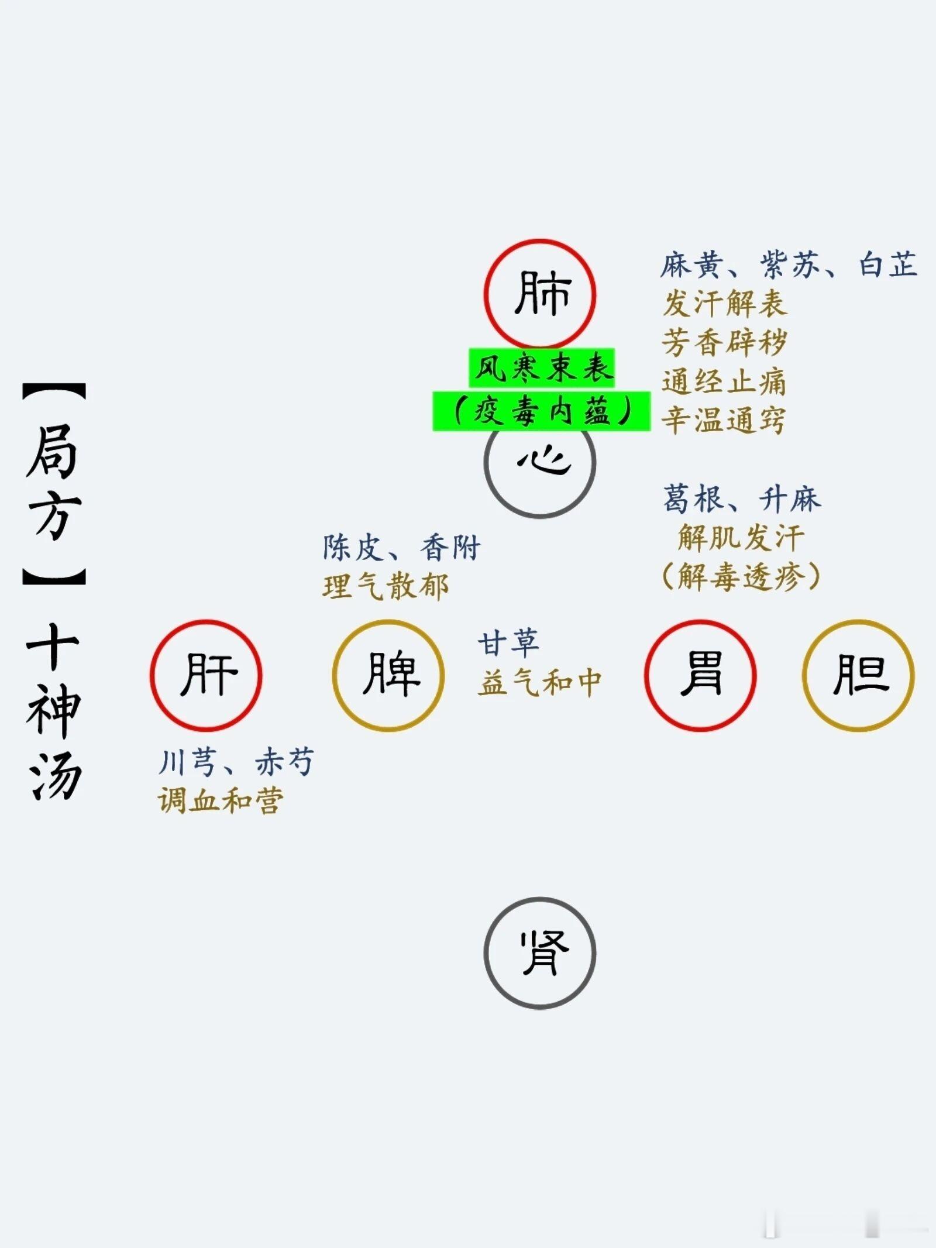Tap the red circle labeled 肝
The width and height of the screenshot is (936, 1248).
[x=206, y=675]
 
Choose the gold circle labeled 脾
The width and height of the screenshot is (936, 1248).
[x=388, y=675]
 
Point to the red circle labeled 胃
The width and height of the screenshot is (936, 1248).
[x=700, y=675]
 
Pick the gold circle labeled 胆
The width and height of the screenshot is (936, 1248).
[x=858, y=675]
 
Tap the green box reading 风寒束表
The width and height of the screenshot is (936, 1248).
[x=542, y=368]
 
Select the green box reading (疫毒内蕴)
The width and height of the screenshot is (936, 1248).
[x=542, y=411]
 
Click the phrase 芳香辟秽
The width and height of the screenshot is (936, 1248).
[x=724, y=343]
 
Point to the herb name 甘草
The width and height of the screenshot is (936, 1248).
[x=508, y=644]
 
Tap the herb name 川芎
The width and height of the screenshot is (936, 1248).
[x=187, y=762]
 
